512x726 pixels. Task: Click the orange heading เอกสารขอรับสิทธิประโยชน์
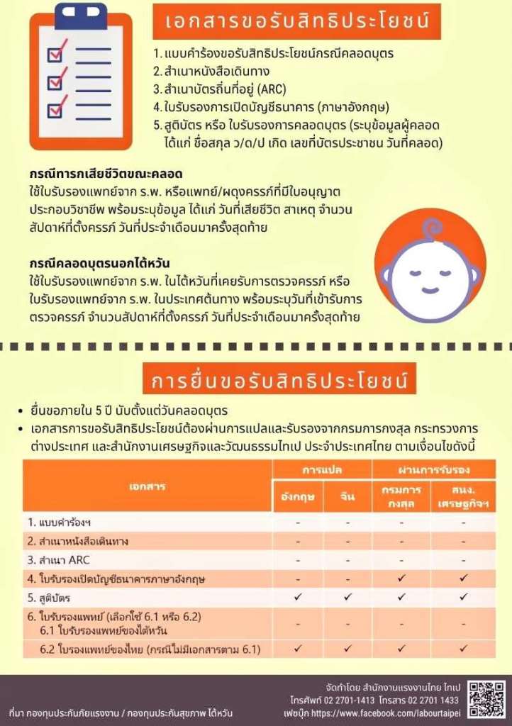pos(298,21)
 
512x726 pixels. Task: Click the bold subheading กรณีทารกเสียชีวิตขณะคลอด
pos(106,174)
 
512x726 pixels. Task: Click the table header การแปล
pos(323,469)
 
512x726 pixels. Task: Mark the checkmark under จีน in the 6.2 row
pos(347,648)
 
